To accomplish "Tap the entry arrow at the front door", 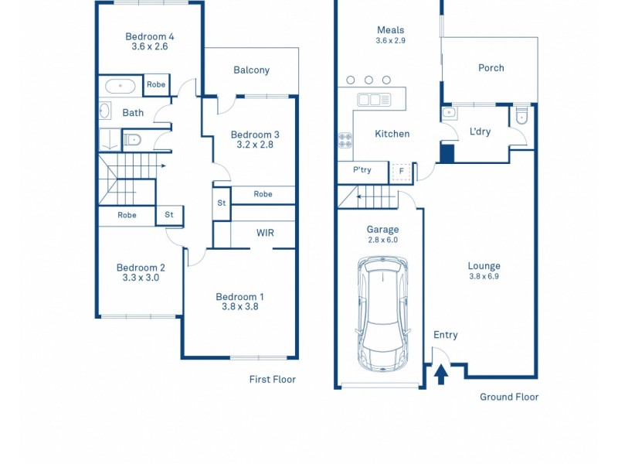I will click(x=440, y=375).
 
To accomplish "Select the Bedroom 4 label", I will click(x=150, y=36).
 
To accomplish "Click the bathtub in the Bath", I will click(x=120, y=85).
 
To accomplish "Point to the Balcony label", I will click(x=251, y=70).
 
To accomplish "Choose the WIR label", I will click(x=264, y=233).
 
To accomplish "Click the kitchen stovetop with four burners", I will click(x=345, y=141).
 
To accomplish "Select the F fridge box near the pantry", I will click(x=401, y=171).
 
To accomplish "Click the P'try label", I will click(x=362, y=170).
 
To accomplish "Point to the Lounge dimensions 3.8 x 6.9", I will click(x=484, y=277).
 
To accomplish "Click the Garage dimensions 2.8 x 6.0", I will click(x=382, y=241).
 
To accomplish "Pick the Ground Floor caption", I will click(x=509, y=397).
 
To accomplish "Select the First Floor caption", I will click(x=272, y=379).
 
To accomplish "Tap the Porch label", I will click(x=491, y=68).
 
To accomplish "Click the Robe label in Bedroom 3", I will click(x=263, y=194).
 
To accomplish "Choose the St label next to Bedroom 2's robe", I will click(x=168, y=215).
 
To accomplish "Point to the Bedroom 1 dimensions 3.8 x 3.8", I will click(x=240, y=308).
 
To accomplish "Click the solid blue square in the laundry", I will click(x=447, y=153).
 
